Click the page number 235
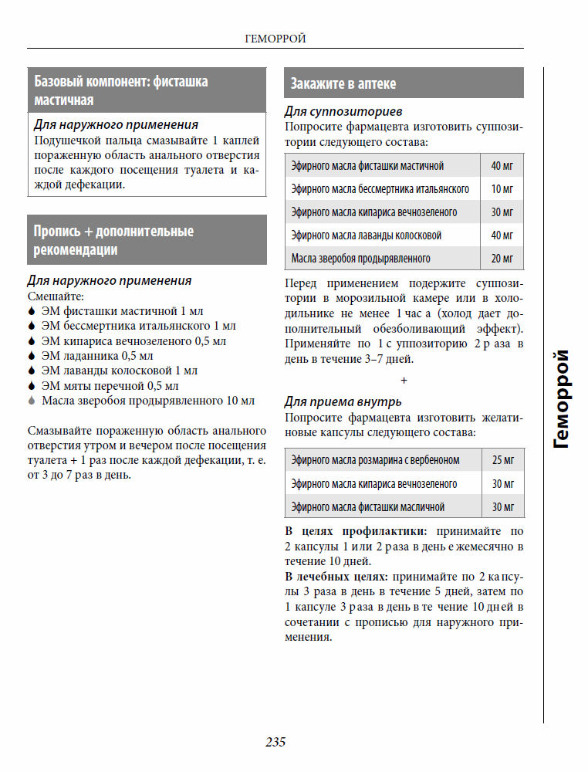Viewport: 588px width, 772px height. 275,742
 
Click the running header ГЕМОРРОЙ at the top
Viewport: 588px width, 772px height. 275,38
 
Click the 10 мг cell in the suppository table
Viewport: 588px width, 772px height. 502,189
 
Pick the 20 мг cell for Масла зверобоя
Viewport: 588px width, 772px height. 502,259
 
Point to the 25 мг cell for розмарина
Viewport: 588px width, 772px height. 502,460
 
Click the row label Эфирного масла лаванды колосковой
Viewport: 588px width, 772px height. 367,235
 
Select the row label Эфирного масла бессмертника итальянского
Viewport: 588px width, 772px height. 380,189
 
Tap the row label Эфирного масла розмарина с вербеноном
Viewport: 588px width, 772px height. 375,460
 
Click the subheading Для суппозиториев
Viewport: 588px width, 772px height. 343,112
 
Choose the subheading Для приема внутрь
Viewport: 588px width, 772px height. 343,401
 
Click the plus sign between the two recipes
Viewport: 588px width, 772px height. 404,381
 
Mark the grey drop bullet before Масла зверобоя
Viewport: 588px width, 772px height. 31,401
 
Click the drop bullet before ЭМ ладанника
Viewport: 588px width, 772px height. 31,356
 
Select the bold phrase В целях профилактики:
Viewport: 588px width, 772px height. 356,532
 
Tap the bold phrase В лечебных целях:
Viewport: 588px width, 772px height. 336,577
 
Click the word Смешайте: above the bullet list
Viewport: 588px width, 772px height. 56,296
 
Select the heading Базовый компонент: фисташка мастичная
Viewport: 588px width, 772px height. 121,90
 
